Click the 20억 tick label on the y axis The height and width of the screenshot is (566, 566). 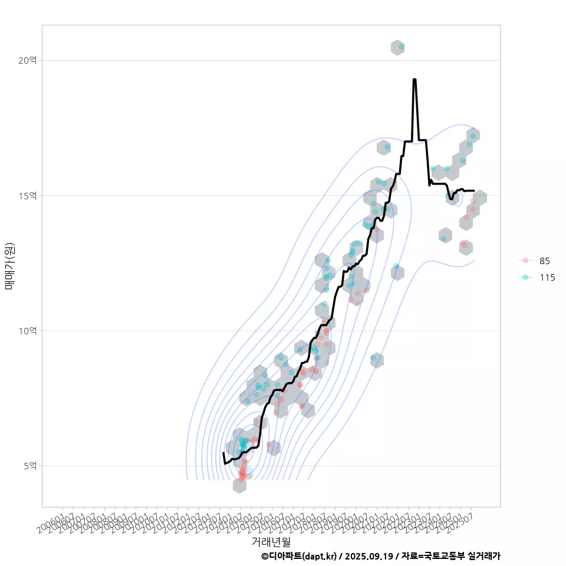27,60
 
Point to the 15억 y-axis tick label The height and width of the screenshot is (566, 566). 27,195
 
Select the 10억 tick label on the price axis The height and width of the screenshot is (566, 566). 27,331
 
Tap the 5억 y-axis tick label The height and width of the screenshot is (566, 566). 30,466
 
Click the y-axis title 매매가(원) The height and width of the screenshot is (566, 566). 9,266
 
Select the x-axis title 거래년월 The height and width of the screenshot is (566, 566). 271,541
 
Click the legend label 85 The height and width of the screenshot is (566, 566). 544,261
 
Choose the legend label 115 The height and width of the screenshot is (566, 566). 547,277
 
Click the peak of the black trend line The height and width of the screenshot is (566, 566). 414,80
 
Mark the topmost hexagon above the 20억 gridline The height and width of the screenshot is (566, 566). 397,48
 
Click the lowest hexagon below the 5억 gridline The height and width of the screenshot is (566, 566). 239,486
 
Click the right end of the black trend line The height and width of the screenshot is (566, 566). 473,190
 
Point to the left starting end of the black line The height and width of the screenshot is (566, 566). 223,453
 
